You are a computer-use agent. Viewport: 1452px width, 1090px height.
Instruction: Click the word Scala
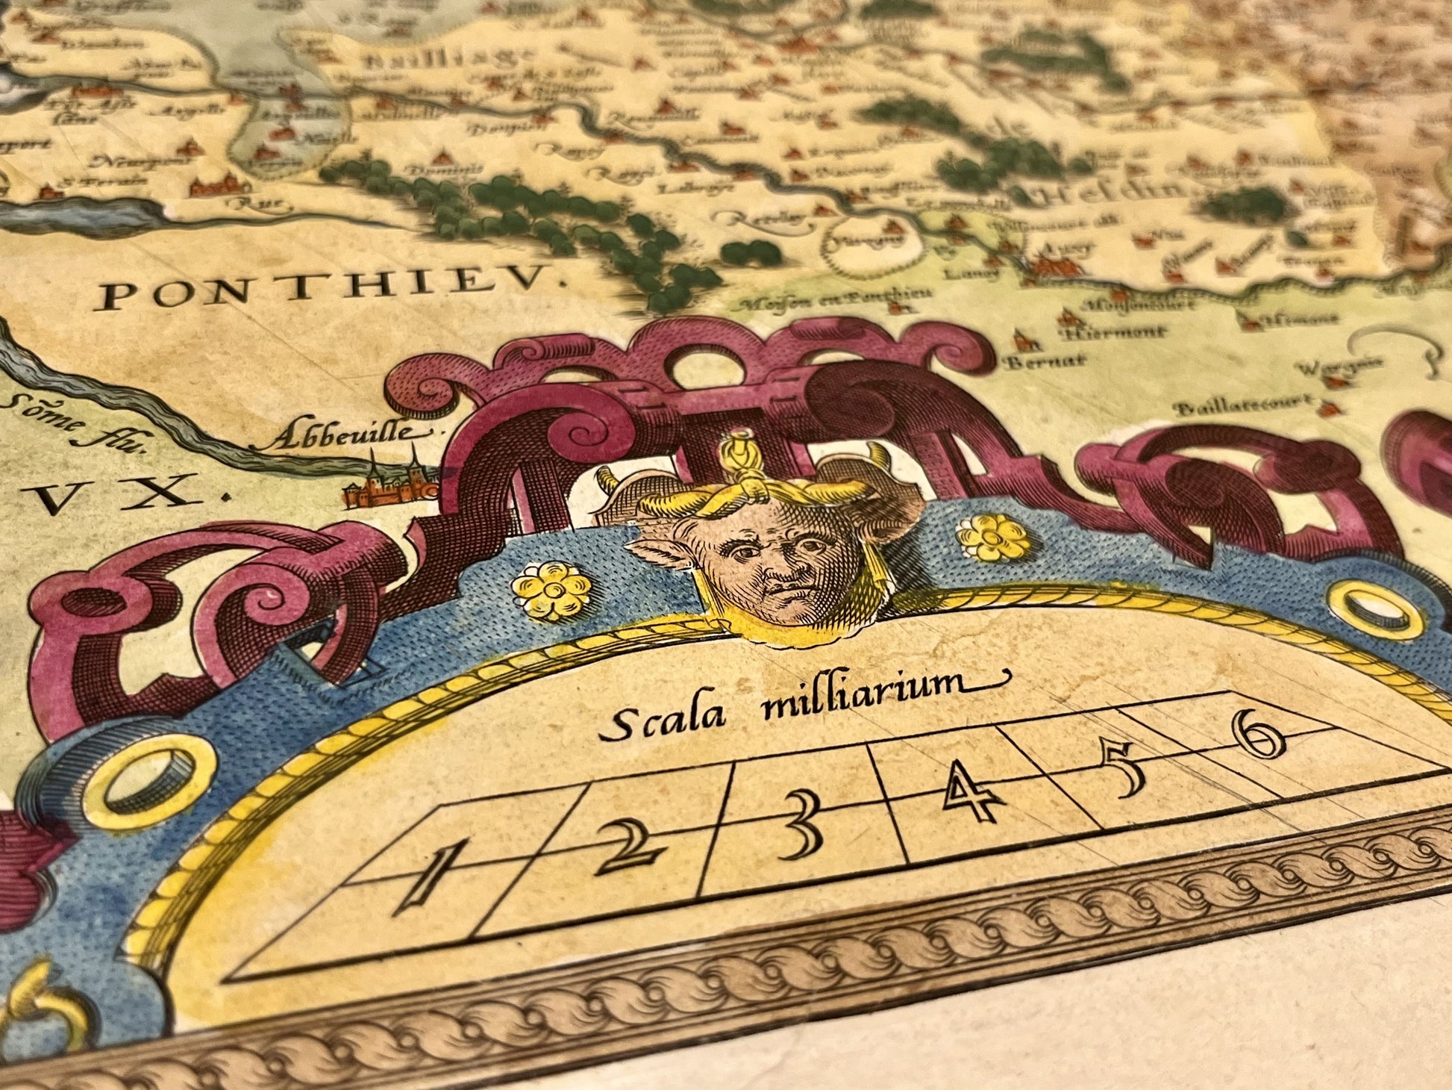pos(663,720)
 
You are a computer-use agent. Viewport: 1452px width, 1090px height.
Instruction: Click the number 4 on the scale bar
pos(971,795)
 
